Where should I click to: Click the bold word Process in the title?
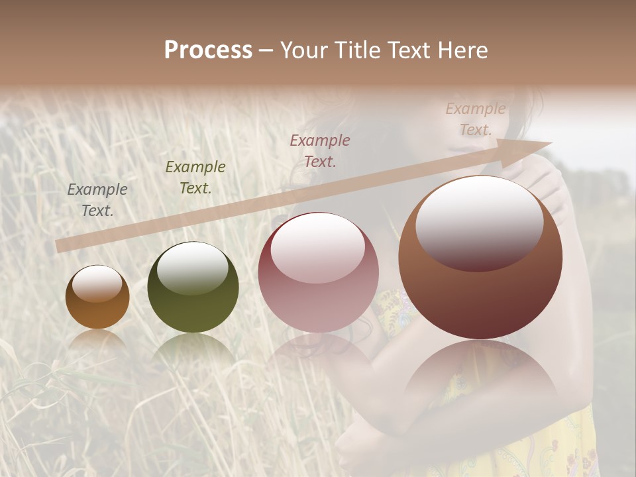pyautogui.click(x=208, y=50)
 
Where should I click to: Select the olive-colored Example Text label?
pyautogui.click(x=195, y=178)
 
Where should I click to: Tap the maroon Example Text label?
pyautogui.click(x=320, y=150)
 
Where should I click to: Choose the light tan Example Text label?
pyautogui.click(x=475, y=119)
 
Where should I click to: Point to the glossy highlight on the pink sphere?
pyautogui.click(x=317, y=246)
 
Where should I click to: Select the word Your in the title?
pyautogui.click(x=306, y=50)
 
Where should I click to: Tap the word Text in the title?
pyautogui.click(x=409, y=50)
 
